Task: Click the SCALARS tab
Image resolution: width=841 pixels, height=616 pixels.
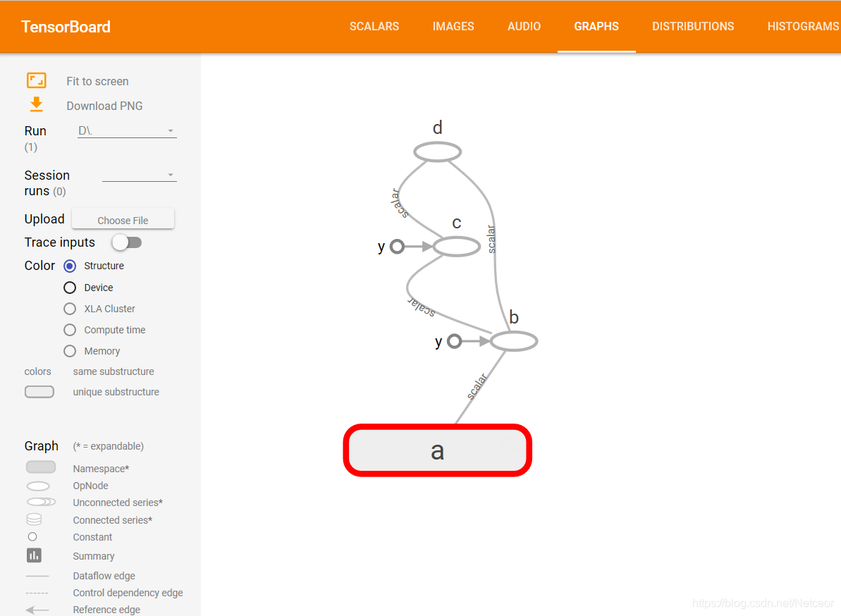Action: click(374, 26)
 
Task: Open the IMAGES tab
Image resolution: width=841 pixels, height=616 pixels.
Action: click(453, 26)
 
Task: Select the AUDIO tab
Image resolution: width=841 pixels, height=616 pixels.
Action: click(524, 26)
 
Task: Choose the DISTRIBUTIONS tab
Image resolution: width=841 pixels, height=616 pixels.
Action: click(693, 26)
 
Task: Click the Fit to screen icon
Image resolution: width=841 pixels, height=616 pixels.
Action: click(37, 80)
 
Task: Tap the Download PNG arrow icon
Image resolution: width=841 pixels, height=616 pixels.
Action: click(37, 104)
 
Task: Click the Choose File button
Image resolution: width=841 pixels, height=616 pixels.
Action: click(123, 219)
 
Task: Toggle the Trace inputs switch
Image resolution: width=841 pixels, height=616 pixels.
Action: click(127, 242)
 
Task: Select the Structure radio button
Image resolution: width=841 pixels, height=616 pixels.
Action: click(70, 266)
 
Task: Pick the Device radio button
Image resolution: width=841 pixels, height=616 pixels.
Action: click(70, 288)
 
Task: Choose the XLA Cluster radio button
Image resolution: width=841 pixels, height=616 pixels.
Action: click(70, 309)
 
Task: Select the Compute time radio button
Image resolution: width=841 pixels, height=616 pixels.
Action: click(70, 330)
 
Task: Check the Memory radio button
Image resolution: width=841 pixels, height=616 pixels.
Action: click(70, 351)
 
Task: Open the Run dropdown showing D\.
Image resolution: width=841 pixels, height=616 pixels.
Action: click(127, 131)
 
